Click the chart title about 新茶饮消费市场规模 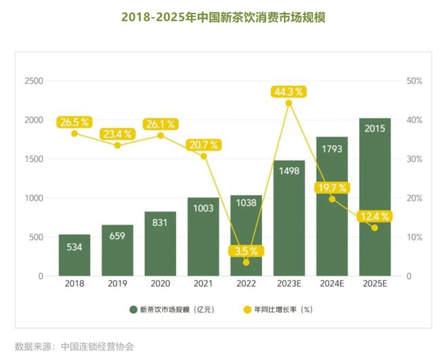[x=223, y=18]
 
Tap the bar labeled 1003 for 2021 [x=203, y=237]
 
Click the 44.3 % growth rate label [x=289, y=91]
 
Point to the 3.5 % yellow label [x=246, y=250]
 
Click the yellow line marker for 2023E [x=289, y=104]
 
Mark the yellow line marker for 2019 [x=117, y=145]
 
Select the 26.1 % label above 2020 [x=160, y=124]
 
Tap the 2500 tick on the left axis [x=34, y=81]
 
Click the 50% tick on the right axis [x=414, y=81]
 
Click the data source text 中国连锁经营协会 [x=98, y=346]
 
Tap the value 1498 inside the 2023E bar [x=289, y=171]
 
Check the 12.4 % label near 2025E [x=375, y=216]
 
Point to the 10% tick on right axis [x=414, y=238]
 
